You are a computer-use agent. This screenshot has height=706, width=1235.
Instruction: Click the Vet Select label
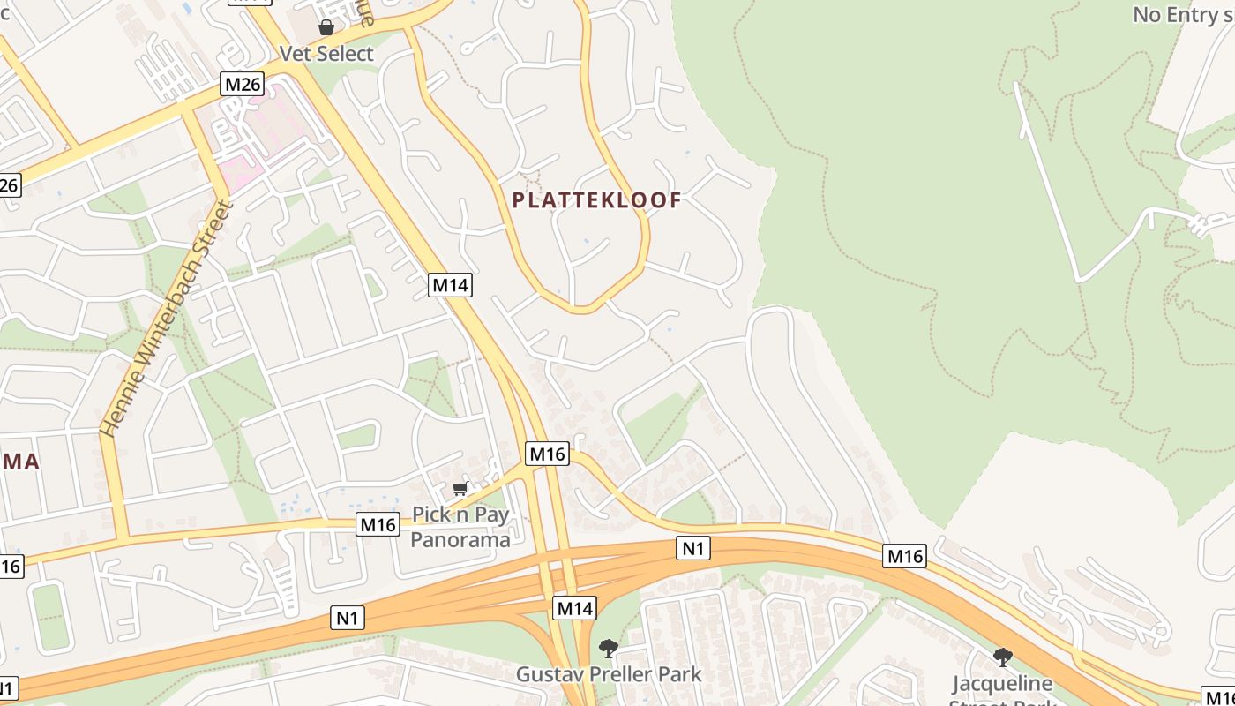point(326,54)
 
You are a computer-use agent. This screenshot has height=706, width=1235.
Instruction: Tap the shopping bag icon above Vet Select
point(326,27)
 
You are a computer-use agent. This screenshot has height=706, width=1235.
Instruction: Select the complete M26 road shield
point(242,85)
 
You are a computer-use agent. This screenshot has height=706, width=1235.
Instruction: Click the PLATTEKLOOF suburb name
point(597,200)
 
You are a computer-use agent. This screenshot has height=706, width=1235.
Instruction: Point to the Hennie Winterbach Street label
point(166,319)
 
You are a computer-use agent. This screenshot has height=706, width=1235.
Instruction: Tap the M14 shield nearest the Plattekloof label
point(450,285)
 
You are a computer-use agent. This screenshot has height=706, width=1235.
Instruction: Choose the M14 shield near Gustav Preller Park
point(574,607)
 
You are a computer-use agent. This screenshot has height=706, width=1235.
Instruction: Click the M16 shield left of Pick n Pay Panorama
point(378,524)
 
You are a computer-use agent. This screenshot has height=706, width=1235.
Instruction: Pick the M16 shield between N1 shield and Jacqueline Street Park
point(904,556)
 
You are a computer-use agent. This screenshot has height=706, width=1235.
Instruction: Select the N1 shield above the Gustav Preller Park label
point(693,548)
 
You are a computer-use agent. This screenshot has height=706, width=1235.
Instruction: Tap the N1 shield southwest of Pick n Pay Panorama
point(348,618)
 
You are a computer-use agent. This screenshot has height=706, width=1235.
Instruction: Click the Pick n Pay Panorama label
point(460,527)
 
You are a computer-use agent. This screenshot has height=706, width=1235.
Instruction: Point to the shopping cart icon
point(460,488)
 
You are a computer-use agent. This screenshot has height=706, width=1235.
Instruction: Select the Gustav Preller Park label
point(609,675)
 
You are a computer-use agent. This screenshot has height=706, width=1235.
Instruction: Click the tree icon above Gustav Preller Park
point(608,649)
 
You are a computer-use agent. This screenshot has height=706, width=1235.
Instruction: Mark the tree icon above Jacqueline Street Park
point(1002,657)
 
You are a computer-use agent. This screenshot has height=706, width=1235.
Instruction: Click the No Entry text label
point(1182,15)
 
